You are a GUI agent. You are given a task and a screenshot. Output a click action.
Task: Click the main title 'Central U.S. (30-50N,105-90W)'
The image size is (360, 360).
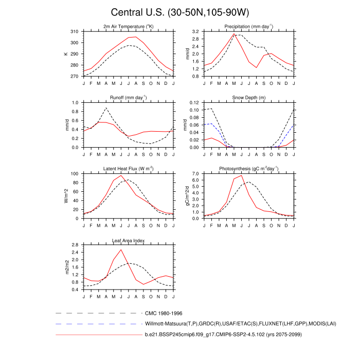coord(179,12)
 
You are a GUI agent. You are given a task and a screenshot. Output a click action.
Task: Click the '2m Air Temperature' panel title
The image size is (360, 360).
coord(128,26)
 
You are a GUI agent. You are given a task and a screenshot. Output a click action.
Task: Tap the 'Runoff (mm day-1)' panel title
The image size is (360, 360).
coord(128,97)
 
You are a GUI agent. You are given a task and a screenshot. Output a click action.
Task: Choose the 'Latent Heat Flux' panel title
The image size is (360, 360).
coord(128,169)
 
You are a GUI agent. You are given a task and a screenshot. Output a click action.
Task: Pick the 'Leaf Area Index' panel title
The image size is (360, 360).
coord(128,240)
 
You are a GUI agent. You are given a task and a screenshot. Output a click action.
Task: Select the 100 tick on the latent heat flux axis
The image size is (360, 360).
coord(74,174)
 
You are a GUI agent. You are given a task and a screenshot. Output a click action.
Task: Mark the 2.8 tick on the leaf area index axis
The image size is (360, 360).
coord(75,245)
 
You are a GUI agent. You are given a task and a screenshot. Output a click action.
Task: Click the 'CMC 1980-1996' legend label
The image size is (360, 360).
coord(164,313)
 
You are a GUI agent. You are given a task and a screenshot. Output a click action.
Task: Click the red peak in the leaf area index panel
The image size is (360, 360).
coord(121,250)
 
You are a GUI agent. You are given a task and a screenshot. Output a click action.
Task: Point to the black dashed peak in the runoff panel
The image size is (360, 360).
coord(106,108)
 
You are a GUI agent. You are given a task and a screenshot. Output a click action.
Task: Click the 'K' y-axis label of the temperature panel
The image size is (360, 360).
coord(66,53)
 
